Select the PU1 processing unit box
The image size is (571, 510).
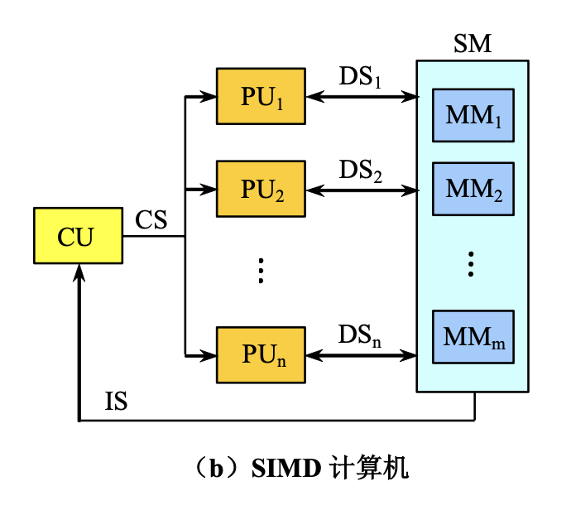pyautogui.click(x=261, y=96)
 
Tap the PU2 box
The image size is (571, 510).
pyautogui.click(x=261, y=190)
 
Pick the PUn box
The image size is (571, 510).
pyautogui.click(x=261, y=355)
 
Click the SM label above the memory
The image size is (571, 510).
pyautogui.click(x=473, y=44)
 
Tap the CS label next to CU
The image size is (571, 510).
pyautogui.click(x=151, y=220)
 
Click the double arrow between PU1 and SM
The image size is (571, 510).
pyautogui.click(x=361, y=97)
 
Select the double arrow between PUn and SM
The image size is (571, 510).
pyautogui.click(x=361, y=356)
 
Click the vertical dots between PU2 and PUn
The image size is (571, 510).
pyautogui.click(x=260, y=271)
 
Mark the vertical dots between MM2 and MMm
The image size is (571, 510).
pyautogui.click(x=470, y=263)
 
